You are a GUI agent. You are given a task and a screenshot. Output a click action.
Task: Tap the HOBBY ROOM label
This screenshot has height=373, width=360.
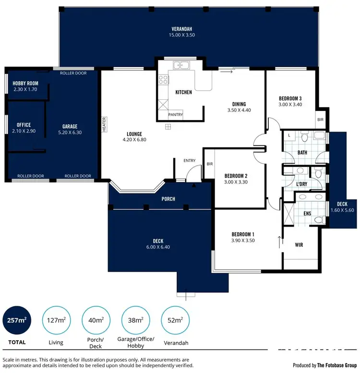click(25, 83)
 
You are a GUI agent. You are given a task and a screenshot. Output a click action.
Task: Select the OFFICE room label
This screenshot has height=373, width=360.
click(24, 125)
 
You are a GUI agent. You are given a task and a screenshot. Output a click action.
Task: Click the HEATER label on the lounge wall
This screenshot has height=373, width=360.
click(103, 124)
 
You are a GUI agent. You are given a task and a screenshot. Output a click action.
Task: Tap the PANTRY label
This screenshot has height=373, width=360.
click(175, 115)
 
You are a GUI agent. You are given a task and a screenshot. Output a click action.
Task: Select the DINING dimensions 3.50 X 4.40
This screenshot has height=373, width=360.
click(239, 110)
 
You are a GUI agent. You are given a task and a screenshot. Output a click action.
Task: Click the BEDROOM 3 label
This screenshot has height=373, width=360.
click(290, 99)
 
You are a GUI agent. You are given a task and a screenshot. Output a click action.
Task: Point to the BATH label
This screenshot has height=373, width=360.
click(302, 152)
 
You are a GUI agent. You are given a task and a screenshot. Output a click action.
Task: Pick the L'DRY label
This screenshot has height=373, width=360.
click(301, 184)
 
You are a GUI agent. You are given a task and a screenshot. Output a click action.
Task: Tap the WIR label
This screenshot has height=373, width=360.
click(299, 244)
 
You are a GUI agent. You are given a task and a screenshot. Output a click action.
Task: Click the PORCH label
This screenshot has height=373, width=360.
click(168, 199)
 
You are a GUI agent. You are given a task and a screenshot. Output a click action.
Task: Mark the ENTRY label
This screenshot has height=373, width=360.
click(190, 161)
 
